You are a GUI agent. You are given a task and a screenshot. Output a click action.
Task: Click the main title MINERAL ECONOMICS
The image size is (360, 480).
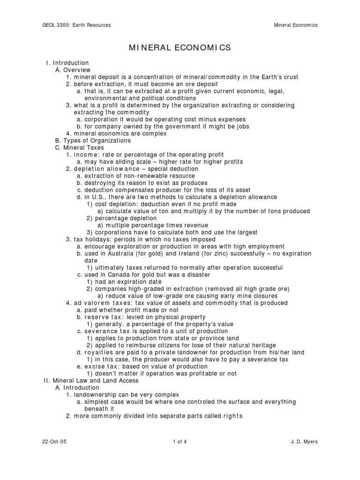point(180,47)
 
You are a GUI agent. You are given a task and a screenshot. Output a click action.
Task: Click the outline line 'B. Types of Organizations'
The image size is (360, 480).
point(93,141)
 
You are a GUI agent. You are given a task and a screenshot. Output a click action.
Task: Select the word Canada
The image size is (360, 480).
point(116,275)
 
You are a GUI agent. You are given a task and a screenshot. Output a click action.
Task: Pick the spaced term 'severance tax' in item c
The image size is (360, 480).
point(105,331)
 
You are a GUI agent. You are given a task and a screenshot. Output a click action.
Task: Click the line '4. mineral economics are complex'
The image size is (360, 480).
point(116,134)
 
